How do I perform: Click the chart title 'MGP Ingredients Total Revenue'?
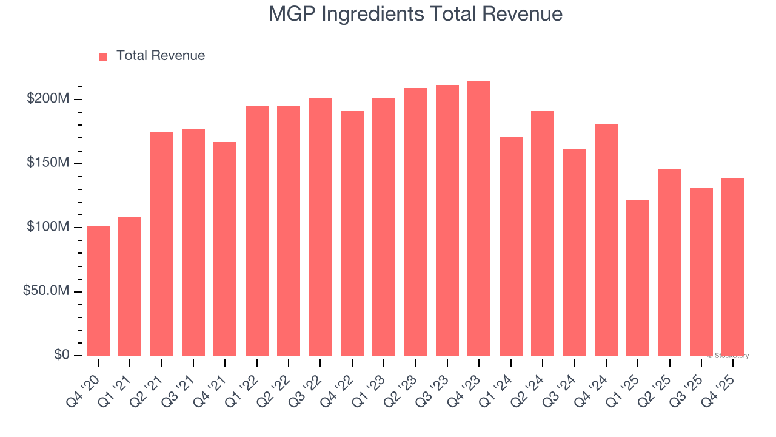[x=415, y=14]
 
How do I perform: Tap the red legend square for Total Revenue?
[x=103, y=56]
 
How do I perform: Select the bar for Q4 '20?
[x=98, y=291]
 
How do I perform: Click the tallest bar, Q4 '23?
[x=479, y=218]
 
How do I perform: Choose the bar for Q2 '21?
[x=161, y=243]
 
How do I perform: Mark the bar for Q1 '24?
[x=511, y=246]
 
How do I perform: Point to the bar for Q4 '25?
[x=733, y=267]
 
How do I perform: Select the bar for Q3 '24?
[x=574, y=252]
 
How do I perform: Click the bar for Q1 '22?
[x=257, y=231]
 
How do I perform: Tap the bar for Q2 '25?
[x=669, y=262]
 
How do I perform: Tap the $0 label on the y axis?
[x=62, y=355]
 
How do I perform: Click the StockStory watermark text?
[x=728, y=356]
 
